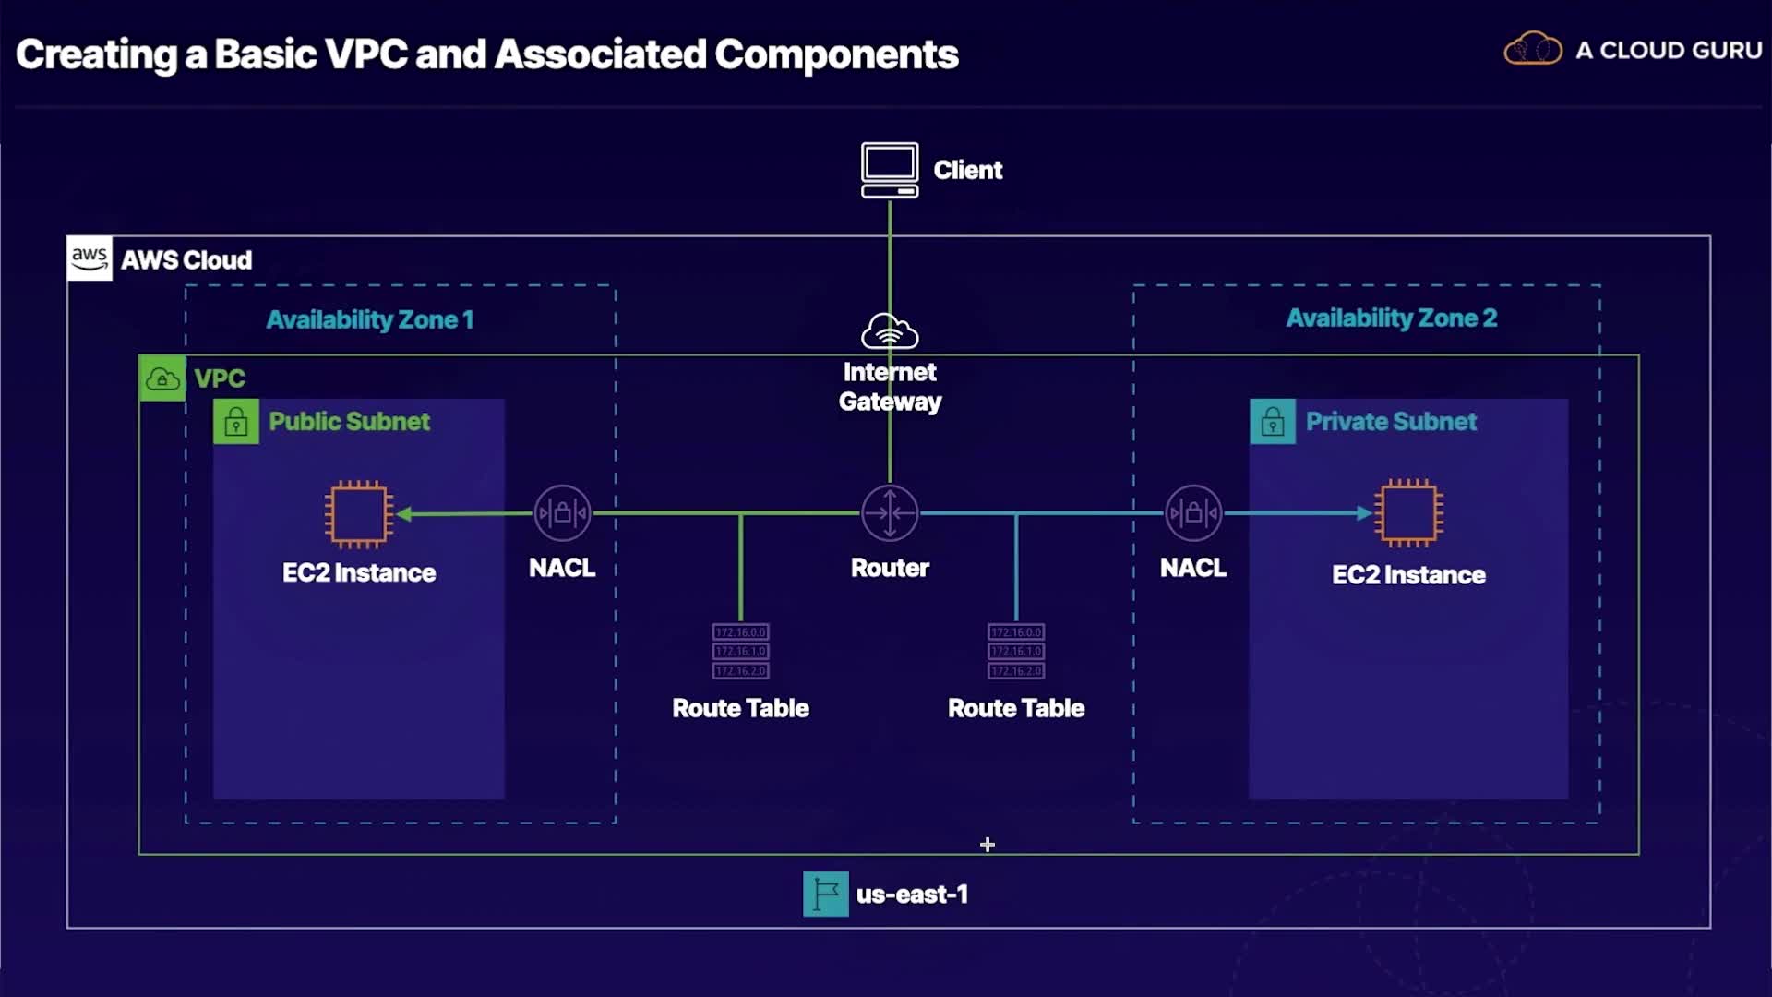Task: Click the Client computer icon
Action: click(x=889, y=170)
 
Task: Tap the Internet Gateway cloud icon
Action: click(x=890, y=331)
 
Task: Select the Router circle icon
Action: click(x=890, y=512)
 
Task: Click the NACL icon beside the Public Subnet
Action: click(x=562, y=513)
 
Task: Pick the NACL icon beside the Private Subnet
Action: click(x=1193, y=513)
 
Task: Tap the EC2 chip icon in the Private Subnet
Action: click(x=1408, y=513)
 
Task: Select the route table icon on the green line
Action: click(x=740, y=651)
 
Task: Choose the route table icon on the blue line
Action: click(x=1016, y=651)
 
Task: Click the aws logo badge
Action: click(x=90, y=258)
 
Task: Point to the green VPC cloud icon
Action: click(x=162, y=378)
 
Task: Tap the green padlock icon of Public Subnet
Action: click(x=236, y=422)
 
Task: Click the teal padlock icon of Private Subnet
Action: click(x=1273, y=422)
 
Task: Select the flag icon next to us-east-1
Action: click(x=825, y=894)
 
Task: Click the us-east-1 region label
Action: click(x=912, y=895)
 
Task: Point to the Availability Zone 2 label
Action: click(x=1391, y=318)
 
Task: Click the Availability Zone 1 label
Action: click(x=369, y=320)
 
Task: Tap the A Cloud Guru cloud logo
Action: click(x=1532, y=49)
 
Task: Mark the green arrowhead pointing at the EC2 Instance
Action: click(x=404, y=514)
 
